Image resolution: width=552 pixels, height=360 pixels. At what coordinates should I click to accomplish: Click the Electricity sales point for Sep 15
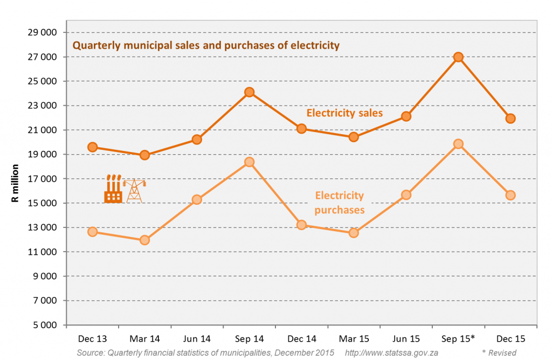click(458, 57)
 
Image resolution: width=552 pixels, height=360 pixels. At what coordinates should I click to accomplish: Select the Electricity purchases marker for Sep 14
click(249, 162)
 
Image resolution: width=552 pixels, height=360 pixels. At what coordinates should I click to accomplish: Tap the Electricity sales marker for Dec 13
click(92, 147)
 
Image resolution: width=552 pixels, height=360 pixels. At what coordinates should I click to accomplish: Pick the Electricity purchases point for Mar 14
click(144, 240)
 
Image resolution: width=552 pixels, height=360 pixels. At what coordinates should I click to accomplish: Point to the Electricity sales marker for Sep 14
click(249, 92)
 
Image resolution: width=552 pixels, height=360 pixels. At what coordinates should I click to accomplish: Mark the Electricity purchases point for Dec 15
click(510, 195)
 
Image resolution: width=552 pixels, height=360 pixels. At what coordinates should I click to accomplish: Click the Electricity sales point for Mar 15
click(354, 137)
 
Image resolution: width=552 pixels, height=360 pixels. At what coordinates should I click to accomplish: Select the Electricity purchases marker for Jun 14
click(197, 199)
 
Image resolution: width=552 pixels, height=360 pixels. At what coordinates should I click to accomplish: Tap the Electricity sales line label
click(344, 113)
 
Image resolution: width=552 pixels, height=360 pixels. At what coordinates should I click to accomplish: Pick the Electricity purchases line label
click(339, 203)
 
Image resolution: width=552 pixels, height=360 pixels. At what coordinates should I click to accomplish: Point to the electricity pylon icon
click(134, 190)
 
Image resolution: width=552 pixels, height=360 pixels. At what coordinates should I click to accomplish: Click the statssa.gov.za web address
click(391, 353)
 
